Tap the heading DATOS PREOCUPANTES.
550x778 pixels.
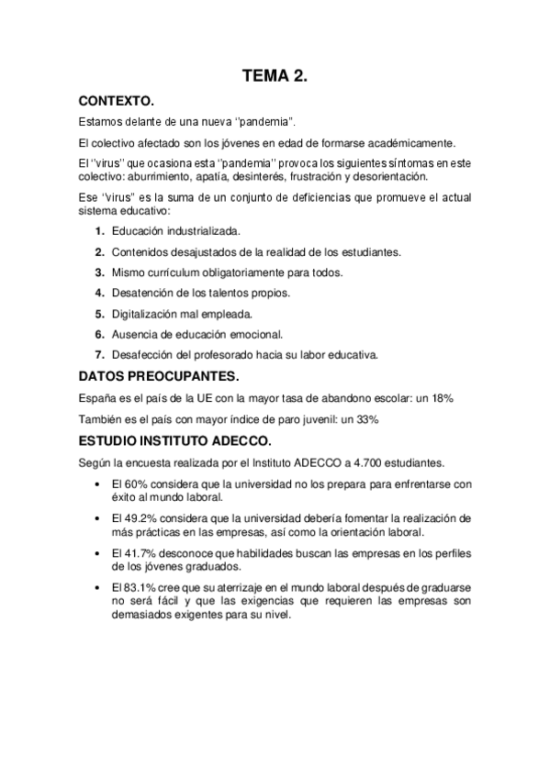tap(159, 376)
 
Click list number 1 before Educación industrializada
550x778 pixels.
tap(98, 231)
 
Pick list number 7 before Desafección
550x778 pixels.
tap(98, 354)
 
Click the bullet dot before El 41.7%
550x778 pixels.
tap(98, 553)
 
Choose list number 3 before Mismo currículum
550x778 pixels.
tap(98, 272)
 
